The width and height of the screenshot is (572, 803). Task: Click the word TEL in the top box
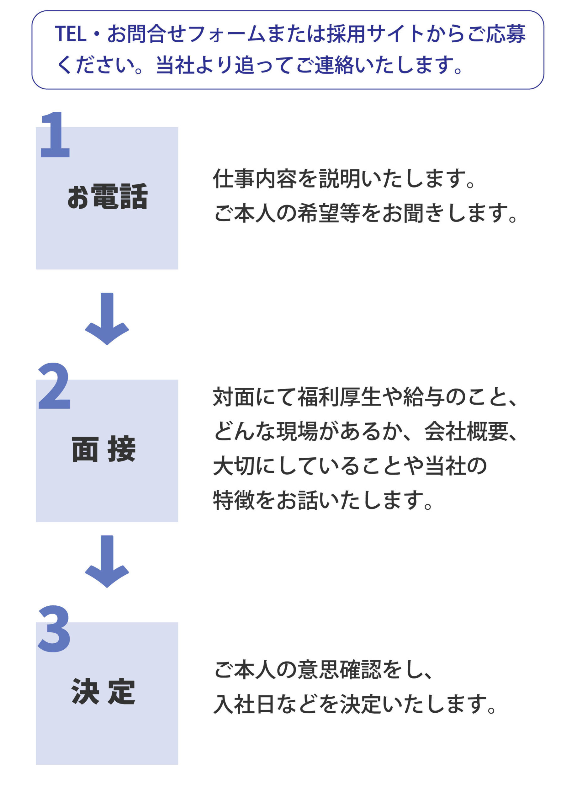click(71, 34)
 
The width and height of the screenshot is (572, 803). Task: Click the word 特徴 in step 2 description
click(234, 500)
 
